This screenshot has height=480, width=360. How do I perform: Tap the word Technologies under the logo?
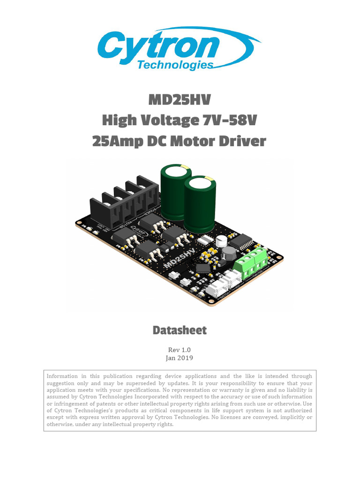[175, 65]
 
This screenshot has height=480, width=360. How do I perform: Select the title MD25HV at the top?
[180, 100]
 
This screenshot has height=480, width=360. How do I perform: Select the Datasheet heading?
[180, 330]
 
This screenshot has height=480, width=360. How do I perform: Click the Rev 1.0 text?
[180, 350]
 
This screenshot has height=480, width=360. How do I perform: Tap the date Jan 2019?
[180, 358]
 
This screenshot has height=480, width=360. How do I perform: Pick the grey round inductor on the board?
[229, 254]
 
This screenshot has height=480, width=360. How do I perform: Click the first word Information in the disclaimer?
[62, 376]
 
